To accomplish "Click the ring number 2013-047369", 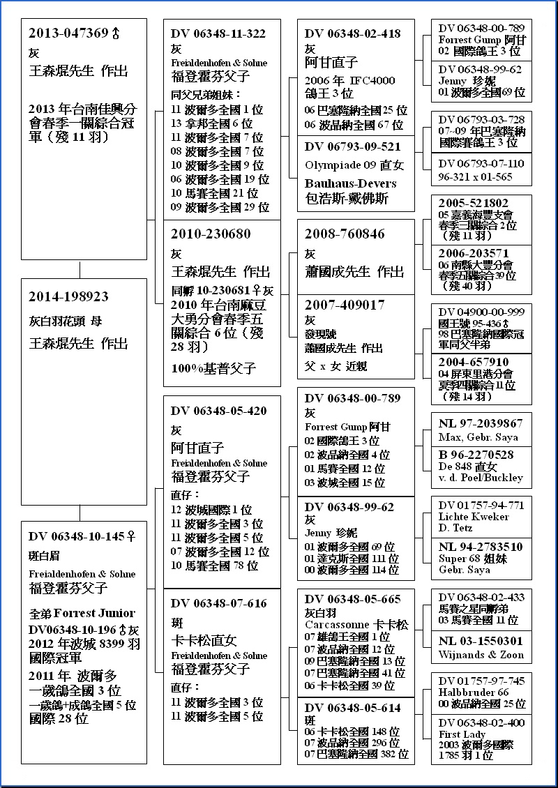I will [68, 33].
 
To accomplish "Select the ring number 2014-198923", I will [68, 296].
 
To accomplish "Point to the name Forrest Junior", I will [94, 613].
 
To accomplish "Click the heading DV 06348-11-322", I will [218, 33].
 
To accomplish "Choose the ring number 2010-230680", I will [211, 234].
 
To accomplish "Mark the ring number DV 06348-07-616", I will [218, 603].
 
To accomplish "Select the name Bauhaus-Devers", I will [350, 183].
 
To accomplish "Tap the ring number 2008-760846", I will [345, 234].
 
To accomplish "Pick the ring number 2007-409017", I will [345, 305].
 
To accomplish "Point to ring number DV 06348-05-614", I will [352, 708].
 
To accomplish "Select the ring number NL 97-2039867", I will [481, 423].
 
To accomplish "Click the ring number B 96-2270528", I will [476, 455].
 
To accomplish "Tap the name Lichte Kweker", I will [474, 517].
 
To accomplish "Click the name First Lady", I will [462, 734].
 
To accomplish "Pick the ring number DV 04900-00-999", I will [481, 311].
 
